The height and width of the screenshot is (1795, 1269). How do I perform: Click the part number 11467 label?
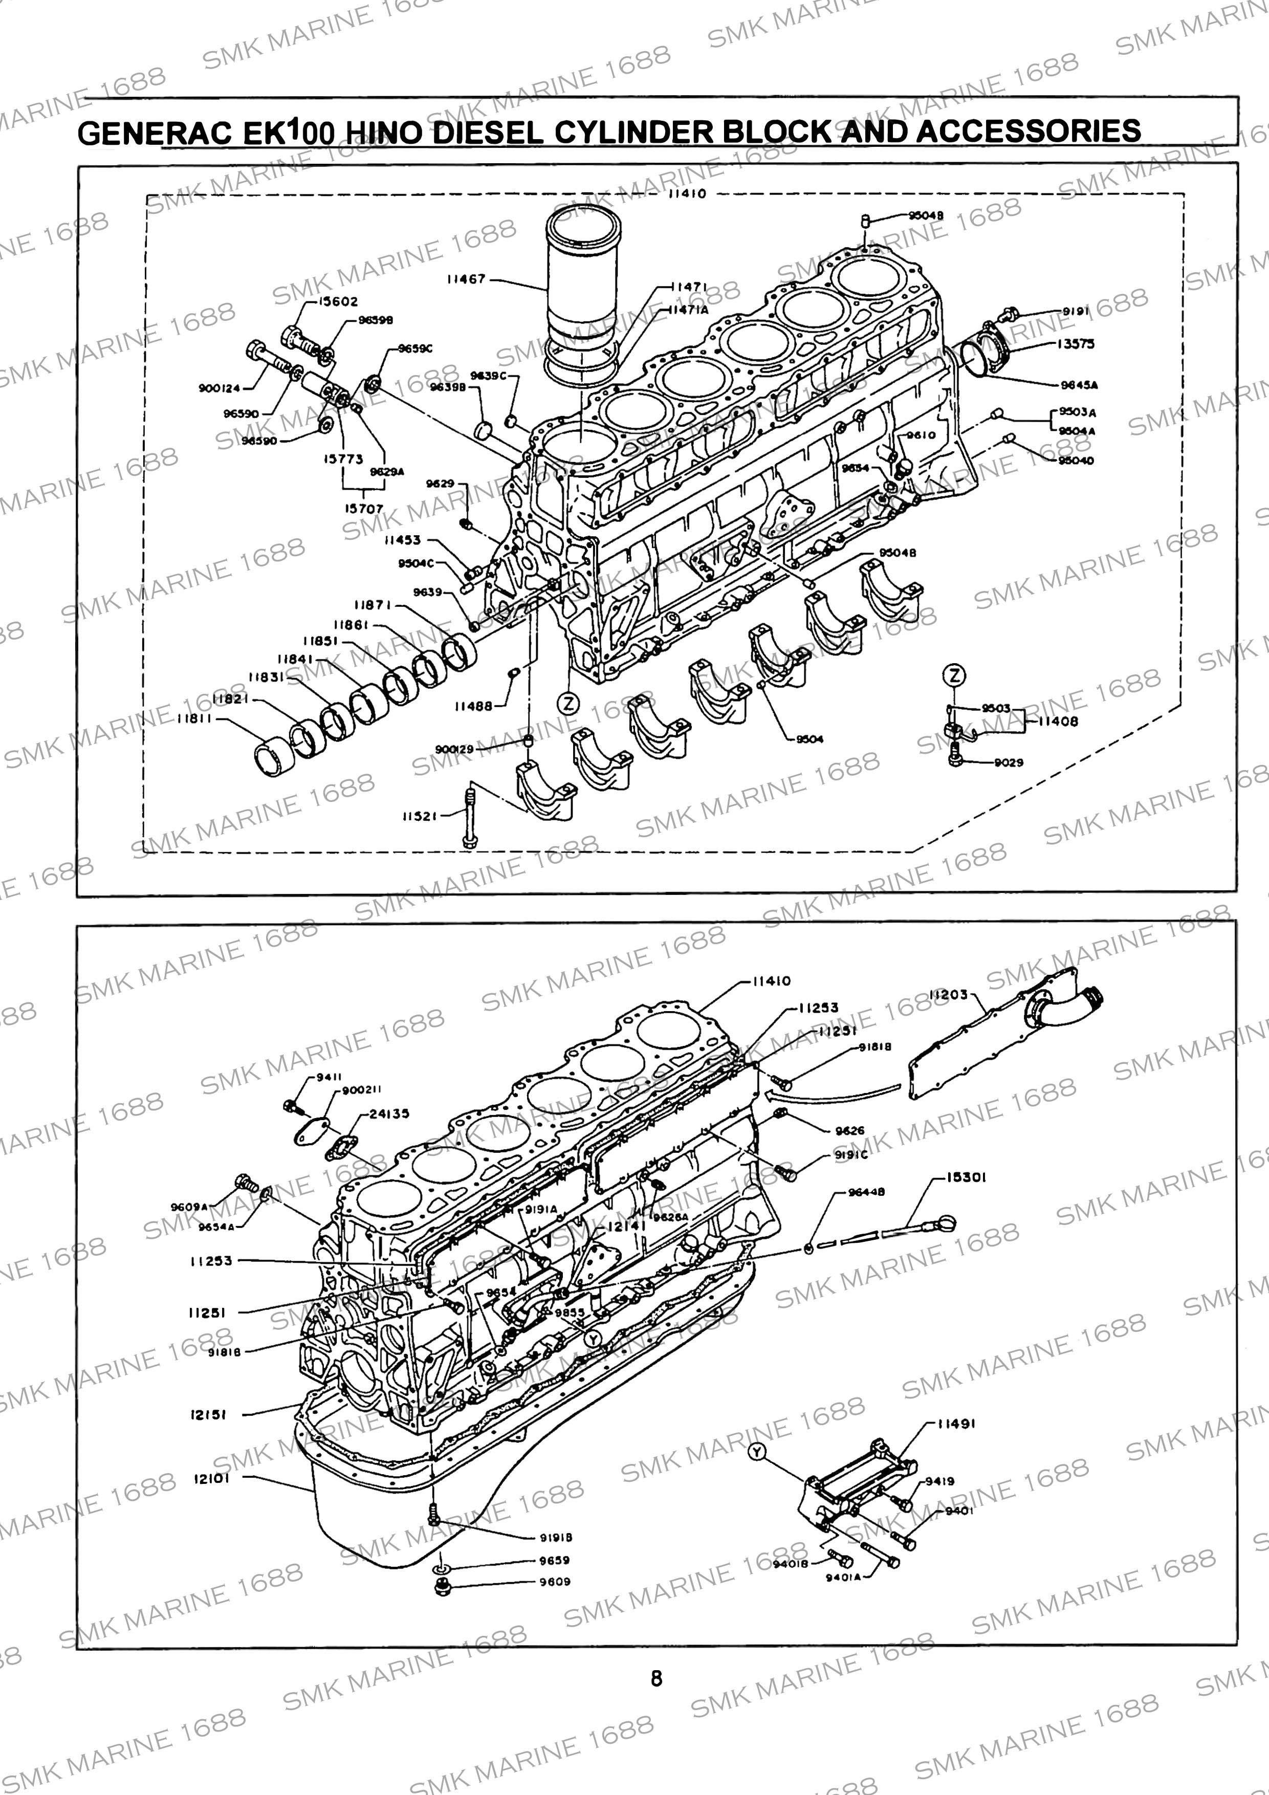(x=466, y=279)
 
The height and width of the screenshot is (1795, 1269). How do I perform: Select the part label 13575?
(x=1077, y=344)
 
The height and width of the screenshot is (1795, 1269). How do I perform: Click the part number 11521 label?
(x=421, y=816)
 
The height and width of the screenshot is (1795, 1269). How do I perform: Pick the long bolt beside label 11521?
(x=470, y=817)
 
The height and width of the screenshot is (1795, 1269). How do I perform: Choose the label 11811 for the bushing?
(x=194, y=718)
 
